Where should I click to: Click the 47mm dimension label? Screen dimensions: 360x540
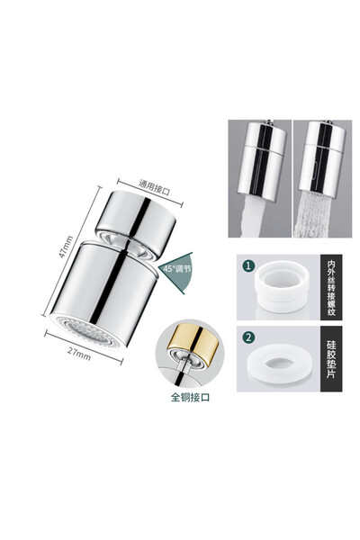(66, 247)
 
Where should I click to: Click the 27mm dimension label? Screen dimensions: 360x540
(79, 354)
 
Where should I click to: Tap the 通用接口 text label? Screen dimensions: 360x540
(154, 187)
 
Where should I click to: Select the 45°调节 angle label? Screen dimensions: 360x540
(177, 269)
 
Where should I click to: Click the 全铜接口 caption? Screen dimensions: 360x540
(190, 398)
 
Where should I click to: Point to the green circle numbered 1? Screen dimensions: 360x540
(248, 265)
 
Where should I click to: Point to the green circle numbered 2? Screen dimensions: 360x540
(248, 337)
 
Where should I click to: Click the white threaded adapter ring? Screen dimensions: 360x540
(281, 286)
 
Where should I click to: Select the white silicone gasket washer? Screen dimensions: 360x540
(280, 364)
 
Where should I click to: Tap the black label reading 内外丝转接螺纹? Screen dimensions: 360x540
(331, 288)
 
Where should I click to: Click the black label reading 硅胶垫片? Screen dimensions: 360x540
(331, 359)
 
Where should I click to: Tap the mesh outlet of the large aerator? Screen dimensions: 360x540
(85, 331)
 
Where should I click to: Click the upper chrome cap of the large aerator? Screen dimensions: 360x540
(135, 223)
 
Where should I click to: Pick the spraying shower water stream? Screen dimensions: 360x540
(312, 214)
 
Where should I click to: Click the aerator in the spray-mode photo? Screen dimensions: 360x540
(322, 158)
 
